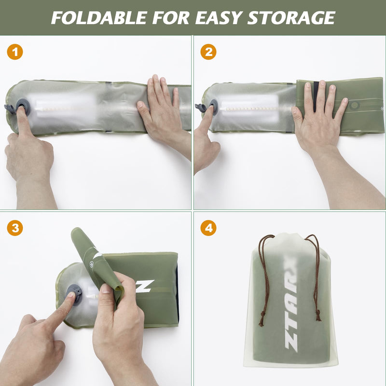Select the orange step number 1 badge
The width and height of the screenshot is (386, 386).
click(x=15, y=52)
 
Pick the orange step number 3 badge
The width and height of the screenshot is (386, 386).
click(x=15, y=228)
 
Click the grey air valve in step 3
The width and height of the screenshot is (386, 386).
click(x=74, y=291)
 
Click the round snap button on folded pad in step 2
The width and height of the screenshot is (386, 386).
click(x=355, y=105)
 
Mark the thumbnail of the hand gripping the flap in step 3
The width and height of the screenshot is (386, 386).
click(x=107, y=289)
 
